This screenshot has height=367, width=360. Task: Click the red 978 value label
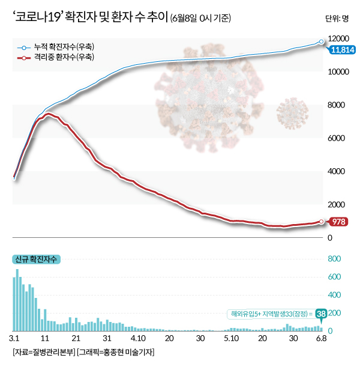339,222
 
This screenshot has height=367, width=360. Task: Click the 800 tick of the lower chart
334,259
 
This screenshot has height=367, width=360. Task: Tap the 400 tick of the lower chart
334,295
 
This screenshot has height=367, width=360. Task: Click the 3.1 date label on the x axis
15,339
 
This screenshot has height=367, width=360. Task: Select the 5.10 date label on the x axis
232,339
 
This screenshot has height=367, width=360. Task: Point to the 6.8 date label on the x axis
321,339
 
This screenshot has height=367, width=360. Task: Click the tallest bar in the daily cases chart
17,300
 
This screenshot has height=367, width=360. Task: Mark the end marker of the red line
322,222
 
